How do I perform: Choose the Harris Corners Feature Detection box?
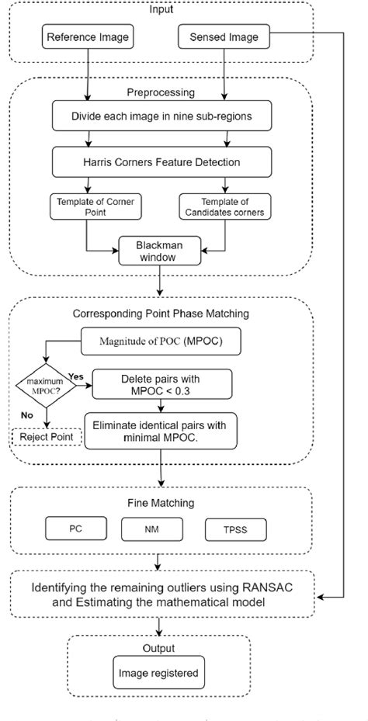coord(161,164)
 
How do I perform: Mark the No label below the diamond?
coord(26,414)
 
